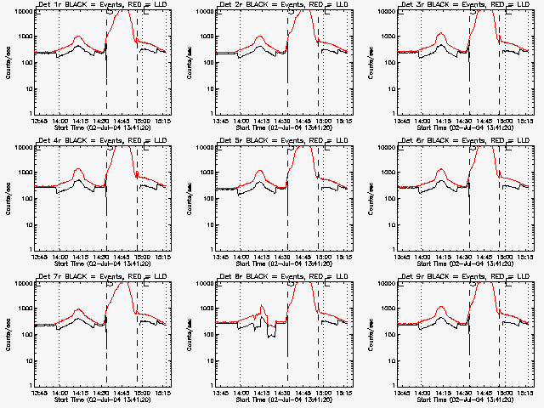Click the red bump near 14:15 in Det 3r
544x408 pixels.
tap(441, 34)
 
